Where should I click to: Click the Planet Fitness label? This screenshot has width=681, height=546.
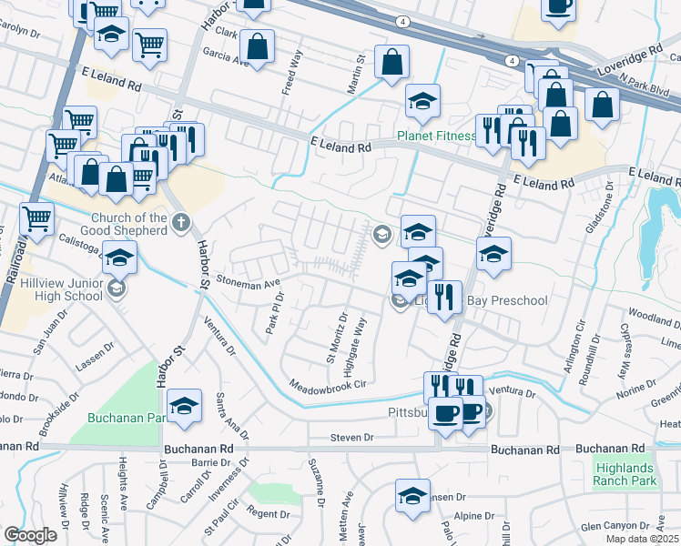click(436, 137)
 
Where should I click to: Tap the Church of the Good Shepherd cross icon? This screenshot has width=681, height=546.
click(181, 222)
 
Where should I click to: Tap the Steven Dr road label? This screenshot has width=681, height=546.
click(352, 438)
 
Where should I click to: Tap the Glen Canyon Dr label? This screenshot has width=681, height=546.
click(616, 527)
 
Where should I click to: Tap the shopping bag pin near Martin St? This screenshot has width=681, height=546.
click(391, 63)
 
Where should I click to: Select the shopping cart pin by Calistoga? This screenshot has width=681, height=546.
click(36, 218)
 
